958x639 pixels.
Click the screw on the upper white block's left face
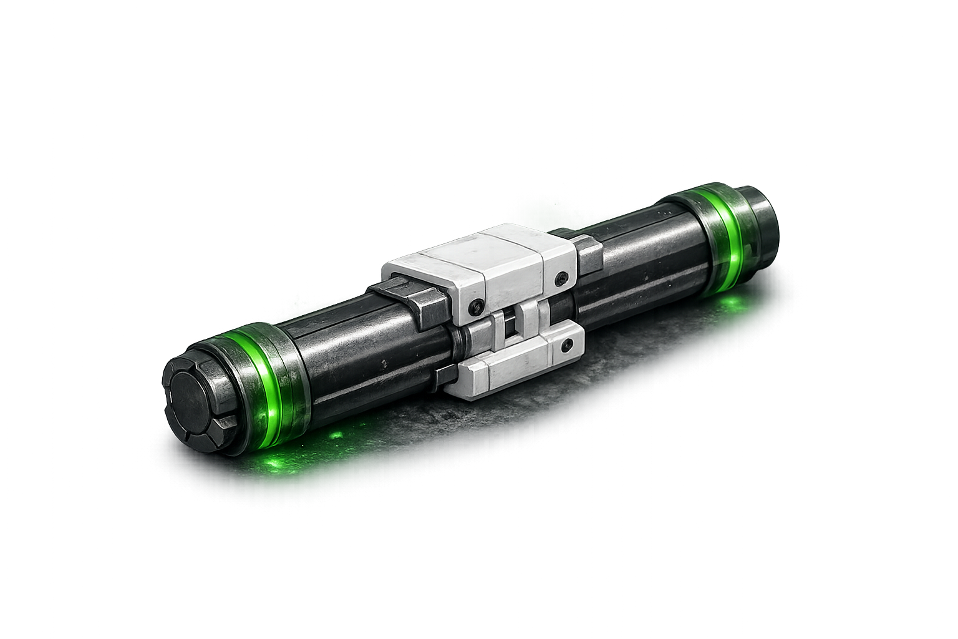click(477, 305)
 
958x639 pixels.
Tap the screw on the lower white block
click(566, 345)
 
